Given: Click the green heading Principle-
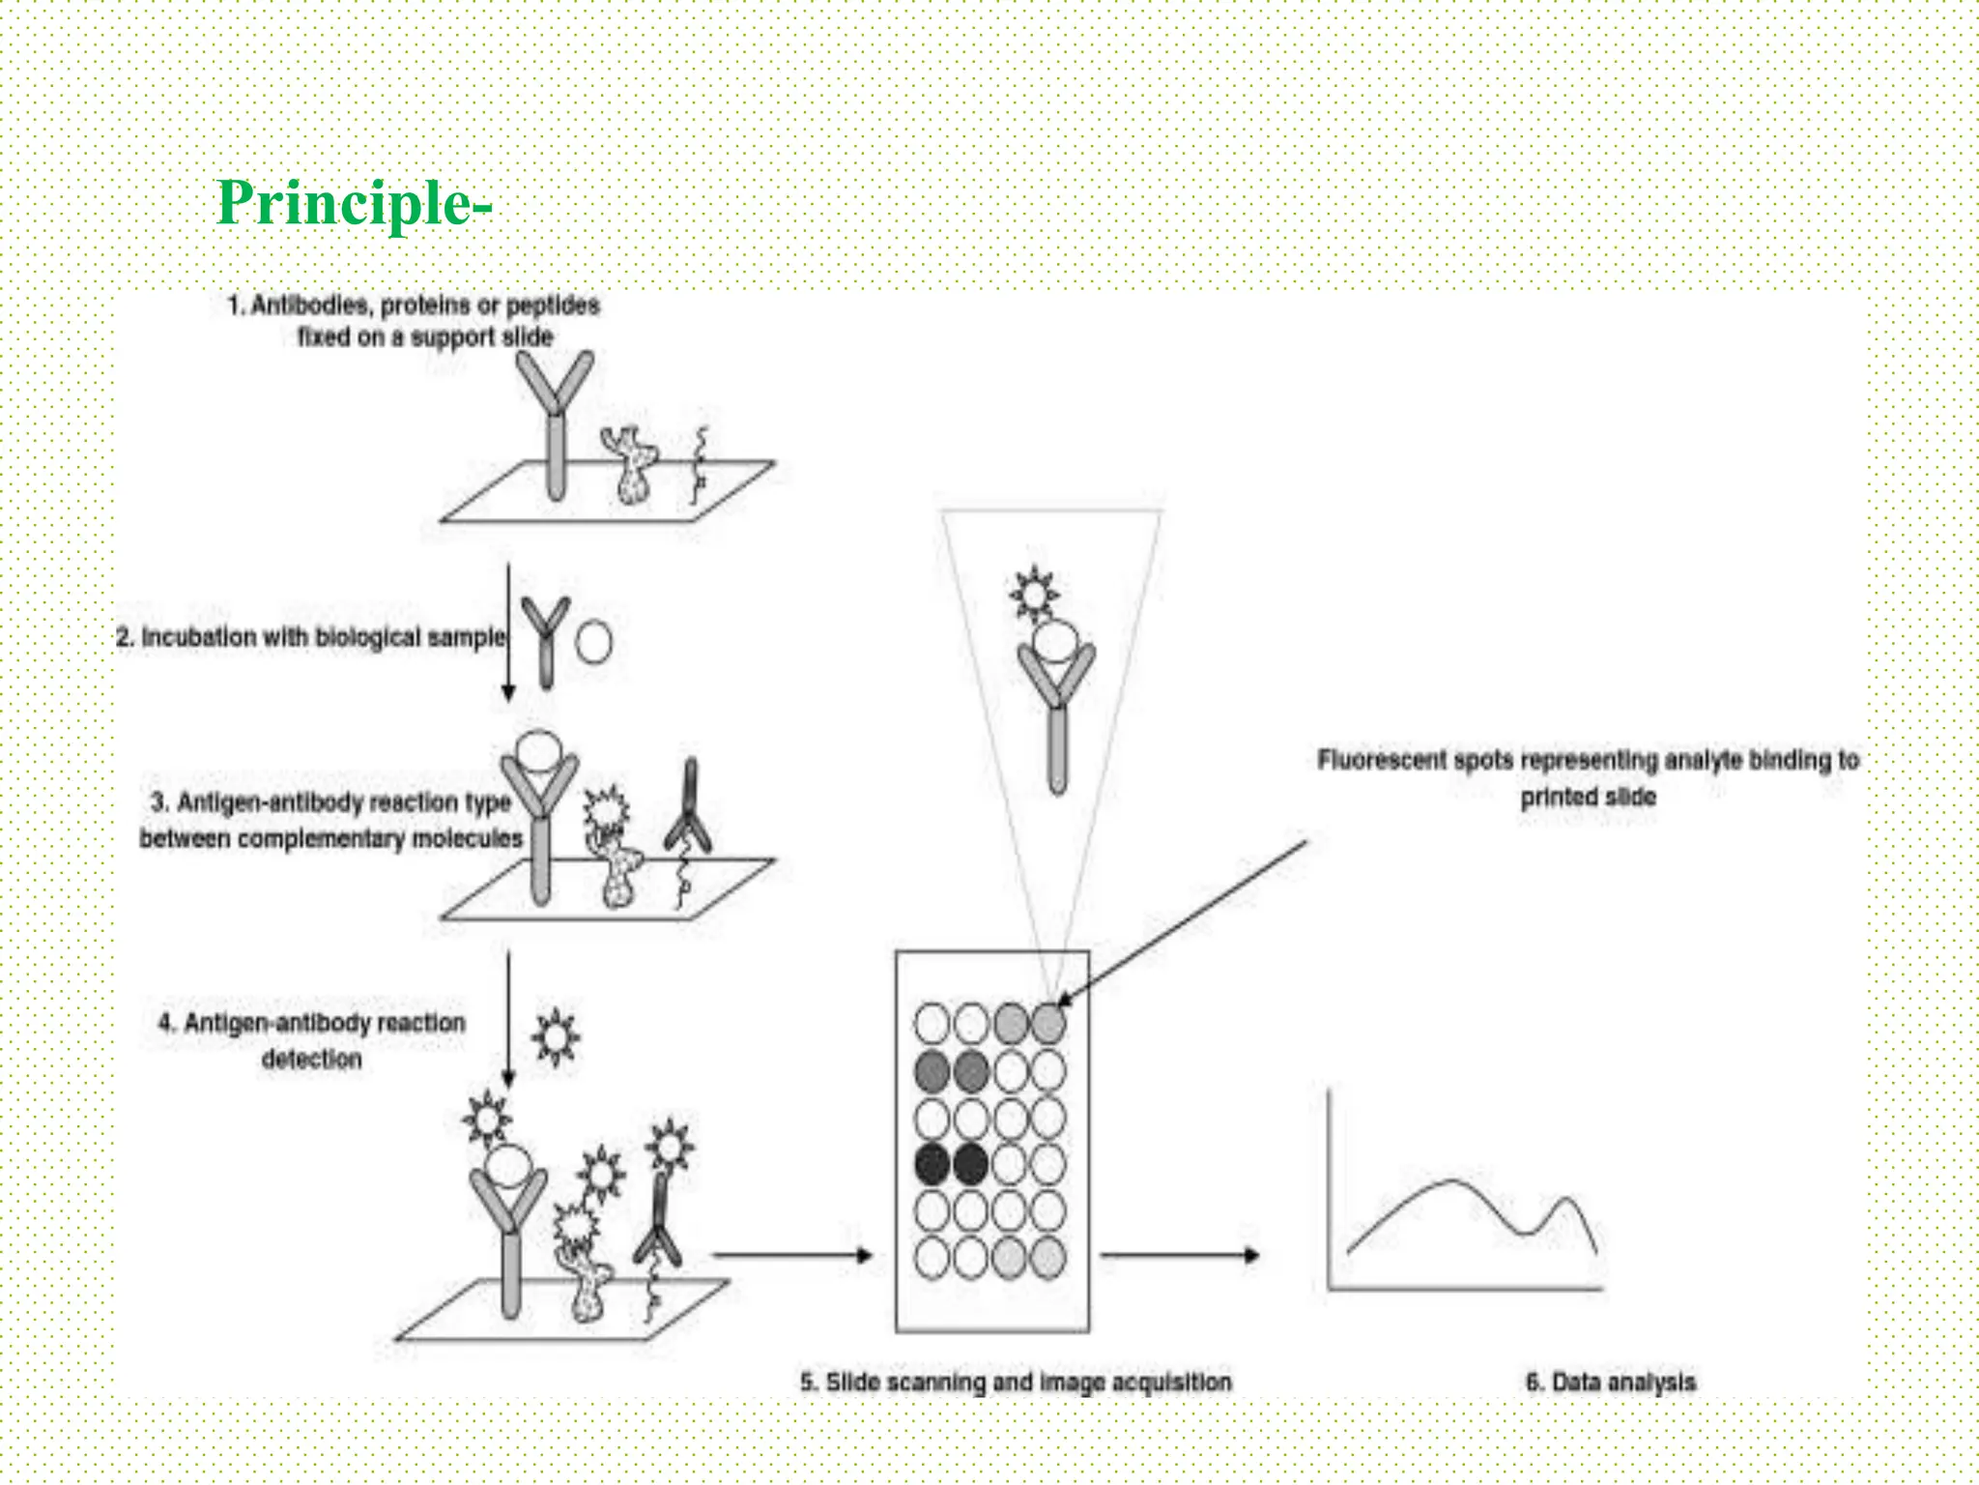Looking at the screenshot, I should (354, 204).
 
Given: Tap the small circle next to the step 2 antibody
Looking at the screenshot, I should (593, 642).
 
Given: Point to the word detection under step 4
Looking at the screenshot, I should (311, 1059).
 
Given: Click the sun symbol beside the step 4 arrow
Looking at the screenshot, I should (556, 1038).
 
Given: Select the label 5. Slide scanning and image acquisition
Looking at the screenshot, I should (1016, 1382).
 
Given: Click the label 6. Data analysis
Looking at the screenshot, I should (1611, 1382).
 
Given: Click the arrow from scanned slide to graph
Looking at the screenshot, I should (1179, 1255).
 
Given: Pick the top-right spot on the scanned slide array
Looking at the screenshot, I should (1048, 1023).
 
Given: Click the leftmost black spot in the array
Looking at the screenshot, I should (932, 1164).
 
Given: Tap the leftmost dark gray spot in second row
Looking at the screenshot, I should (932, 1070).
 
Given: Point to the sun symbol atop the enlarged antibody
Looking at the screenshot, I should (1034, 593).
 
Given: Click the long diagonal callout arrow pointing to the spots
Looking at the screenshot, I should (1189, 918).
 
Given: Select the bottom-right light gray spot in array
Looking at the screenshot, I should (1048, 1258).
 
